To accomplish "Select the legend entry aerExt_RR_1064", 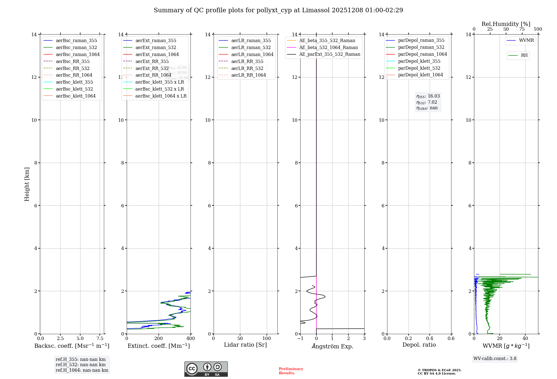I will pos(153,75).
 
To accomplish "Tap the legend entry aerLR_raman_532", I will pos(251,48).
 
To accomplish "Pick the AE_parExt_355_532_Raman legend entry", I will pos(329,54).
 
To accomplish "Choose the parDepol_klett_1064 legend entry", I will pos(420,75).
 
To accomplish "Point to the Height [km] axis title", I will pos(27,184).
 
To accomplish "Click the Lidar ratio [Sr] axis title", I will pos(245,345).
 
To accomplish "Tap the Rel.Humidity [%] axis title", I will pos(506,24).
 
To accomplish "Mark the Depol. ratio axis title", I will pos(419,345).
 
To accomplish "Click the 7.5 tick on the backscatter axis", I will pos(100,339).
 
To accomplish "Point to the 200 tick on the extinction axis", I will pos(159,339).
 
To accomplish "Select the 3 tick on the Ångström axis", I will pos(364,339).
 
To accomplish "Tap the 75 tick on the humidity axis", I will pos(522,29).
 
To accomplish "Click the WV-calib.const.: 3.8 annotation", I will pos(495,359).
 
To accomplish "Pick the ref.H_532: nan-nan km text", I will pos(80,365).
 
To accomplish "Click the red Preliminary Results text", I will pos(291,371).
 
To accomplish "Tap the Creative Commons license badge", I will pos(206,369).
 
